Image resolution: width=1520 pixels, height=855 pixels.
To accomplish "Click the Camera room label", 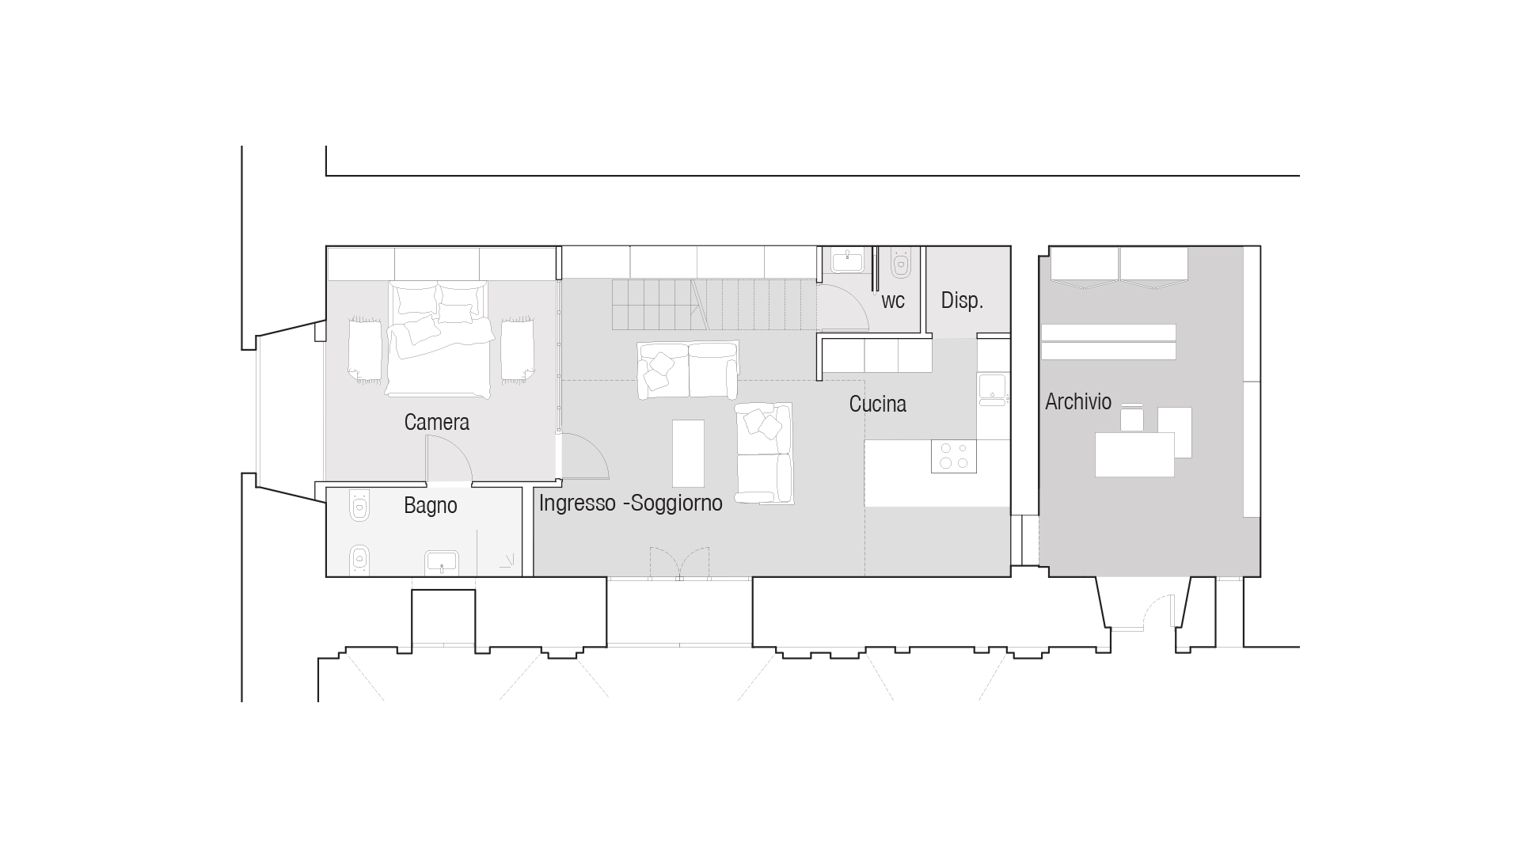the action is [436, 423].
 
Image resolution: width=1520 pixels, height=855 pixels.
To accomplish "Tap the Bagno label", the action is [430, 506].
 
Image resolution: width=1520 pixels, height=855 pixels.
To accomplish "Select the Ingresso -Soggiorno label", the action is [630, 503].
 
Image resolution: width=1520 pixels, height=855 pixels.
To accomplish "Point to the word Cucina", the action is [877, 405].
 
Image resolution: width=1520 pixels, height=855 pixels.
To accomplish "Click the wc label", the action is [892, 302].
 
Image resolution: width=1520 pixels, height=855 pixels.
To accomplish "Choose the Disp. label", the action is [962, 301].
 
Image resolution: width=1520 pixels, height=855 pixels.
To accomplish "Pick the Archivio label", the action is [1077, 402].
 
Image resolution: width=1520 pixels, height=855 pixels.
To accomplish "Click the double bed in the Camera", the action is [438, 339].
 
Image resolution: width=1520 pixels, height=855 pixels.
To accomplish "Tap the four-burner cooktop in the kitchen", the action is [953, 457].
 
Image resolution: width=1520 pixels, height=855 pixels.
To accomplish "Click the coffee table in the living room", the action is [688, 454].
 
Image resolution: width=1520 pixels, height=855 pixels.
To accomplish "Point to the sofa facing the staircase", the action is [688, 370].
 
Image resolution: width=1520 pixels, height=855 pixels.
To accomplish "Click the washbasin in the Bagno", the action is [442, 563].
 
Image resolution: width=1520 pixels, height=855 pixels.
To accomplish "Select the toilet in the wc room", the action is [901, 263].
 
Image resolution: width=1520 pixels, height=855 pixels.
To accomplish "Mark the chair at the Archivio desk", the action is [1133, 418].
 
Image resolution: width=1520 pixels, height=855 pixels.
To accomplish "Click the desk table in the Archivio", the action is [1134, 454].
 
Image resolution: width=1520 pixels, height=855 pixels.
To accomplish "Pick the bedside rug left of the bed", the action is [364, 349].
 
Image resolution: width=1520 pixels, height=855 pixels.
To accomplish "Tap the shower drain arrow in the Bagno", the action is [506, 562].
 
